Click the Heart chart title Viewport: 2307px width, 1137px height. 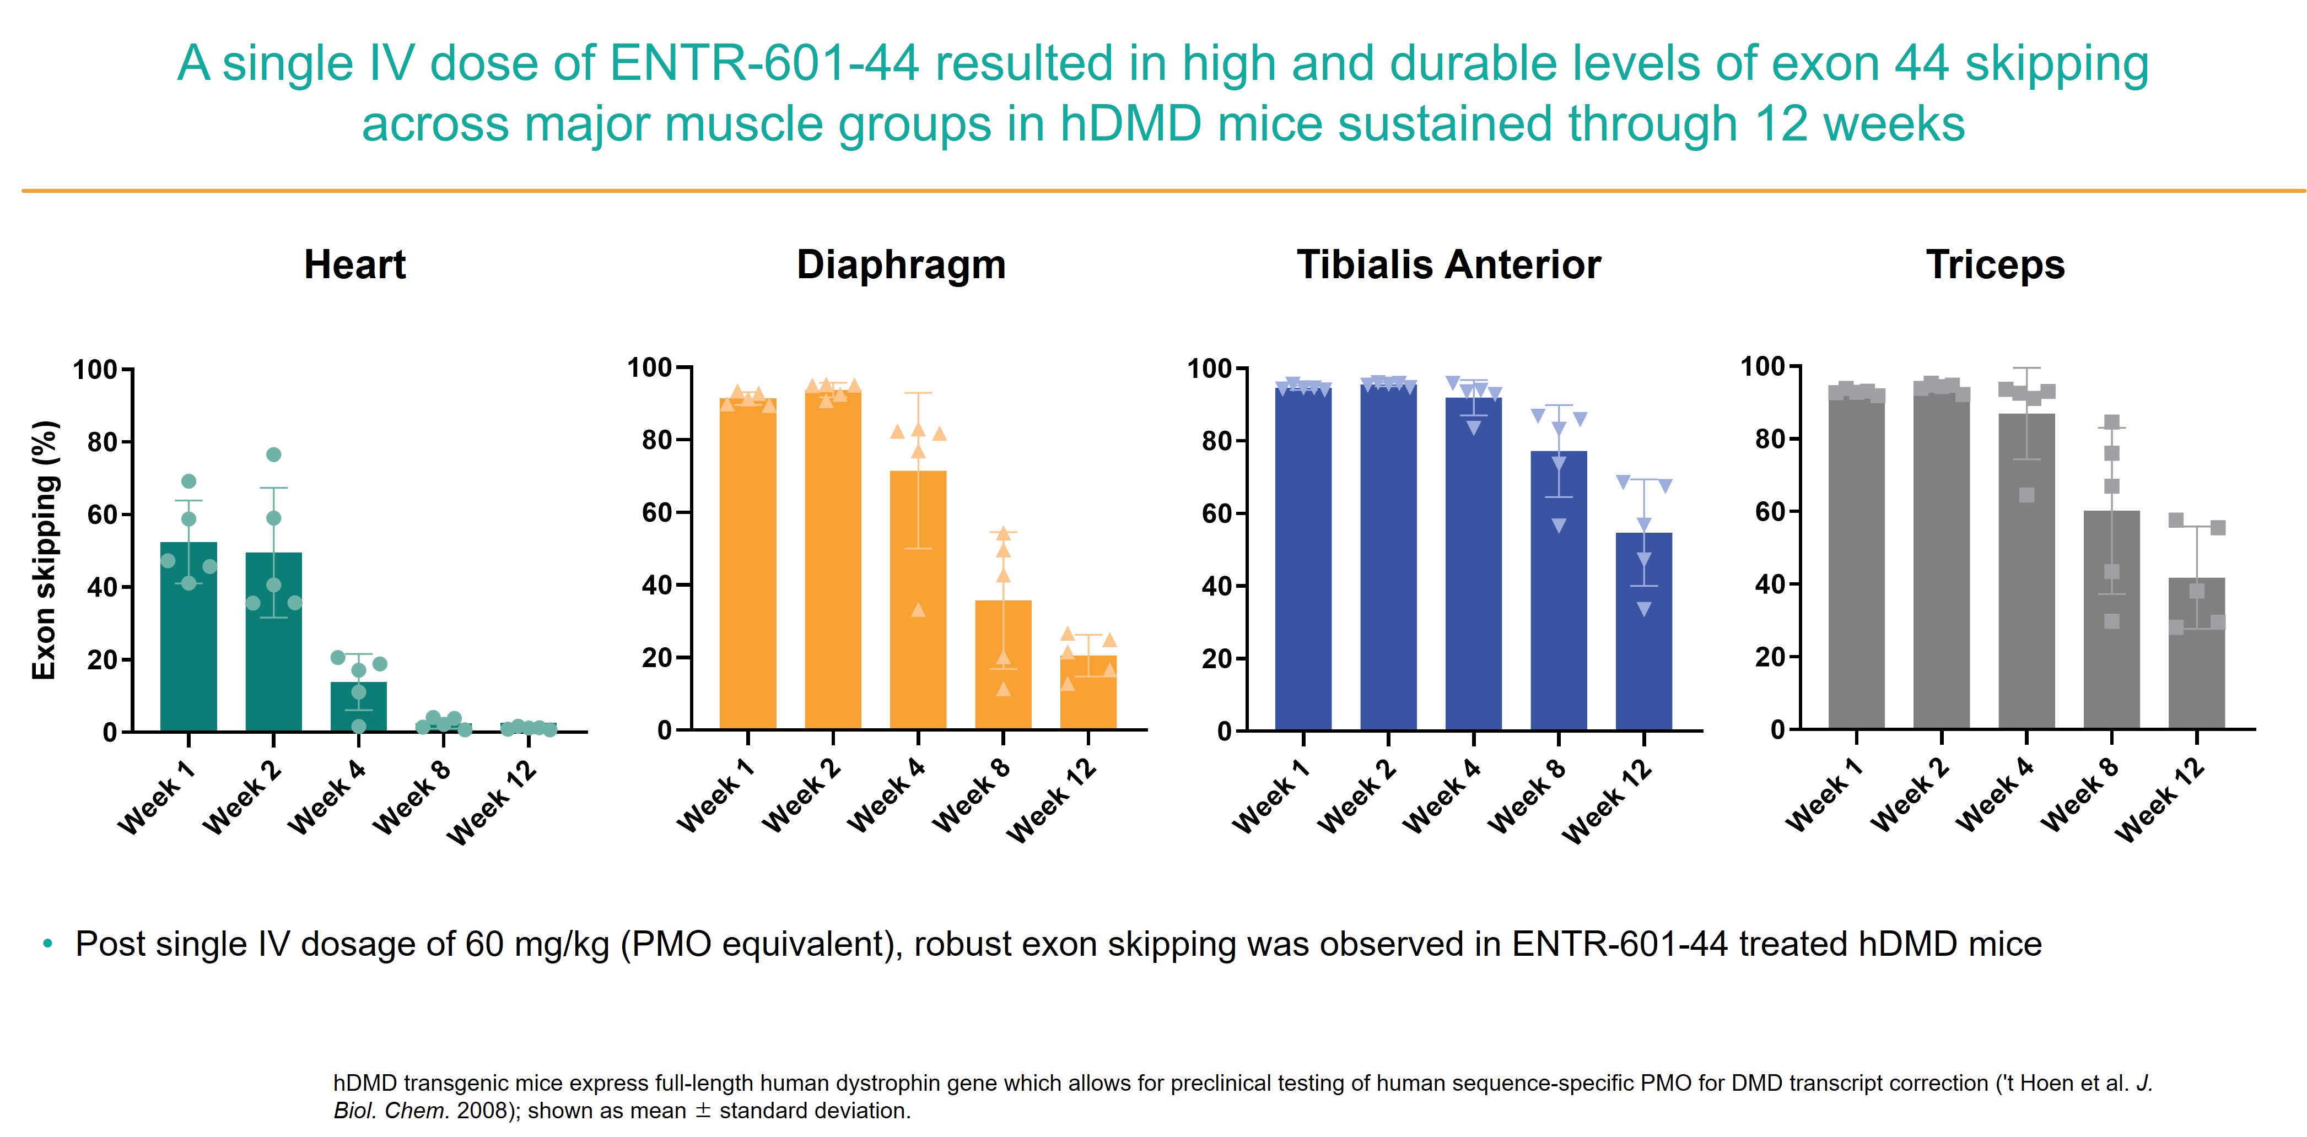(x=355, y=265)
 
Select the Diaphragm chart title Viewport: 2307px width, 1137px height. (x=901, y=265)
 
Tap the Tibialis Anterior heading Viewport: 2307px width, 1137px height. (x=1448, y=265)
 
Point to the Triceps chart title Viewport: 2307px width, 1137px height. (x=1995, y=265)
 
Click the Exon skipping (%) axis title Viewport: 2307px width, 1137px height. (x=45, y=550)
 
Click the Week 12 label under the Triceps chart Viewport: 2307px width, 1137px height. (x=2160, y=802)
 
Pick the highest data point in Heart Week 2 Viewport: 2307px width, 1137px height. (x=274, y=455)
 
